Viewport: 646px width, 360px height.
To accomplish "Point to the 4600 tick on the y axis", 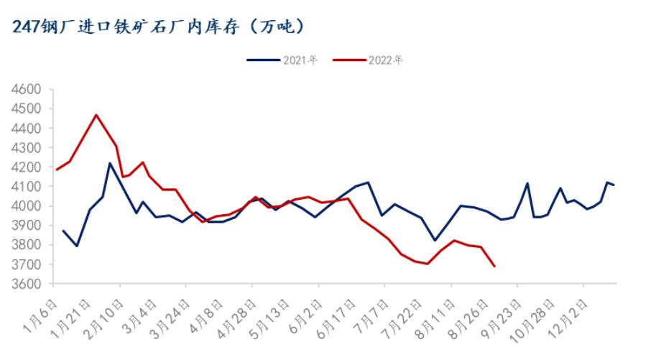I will pyautogui.click(x=29, y=90).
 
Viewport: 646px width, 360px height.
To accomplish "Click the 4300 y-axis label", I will pyautogui.click(x=29, y=148).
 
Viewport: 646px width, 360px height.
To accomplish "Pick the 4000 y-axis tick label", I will pyautogui.click(x=29, y=206).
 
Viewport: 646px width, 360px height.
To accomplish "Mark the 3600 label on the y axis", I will pyautogui.click(x=29, y=284).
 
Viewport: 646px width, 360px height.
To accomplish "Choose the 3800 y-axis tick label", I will pyautogui.click(x=29, y=245).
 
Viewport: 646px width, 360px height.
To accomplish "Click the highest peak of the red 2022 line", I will pyautogui.click(x=96, y=115).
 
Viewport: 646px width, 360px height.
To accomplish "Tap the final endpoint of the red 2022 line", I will pyautogui.click(x=494, y=267).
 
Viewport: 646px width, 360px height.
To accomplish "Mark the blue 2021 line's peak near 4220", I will pyautogui.click(x=110, y=163).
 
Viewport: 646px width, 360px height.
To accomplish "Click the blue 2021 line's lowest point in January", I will pyautogui.click(x=76, y=246).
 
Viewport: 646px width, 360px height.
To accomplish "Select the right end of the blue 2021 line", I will pyautogui.click(x=614, y=185).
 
